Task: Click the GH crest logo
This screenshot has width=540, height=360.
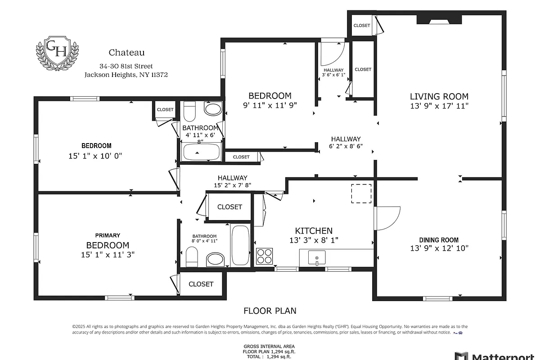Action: coord(57,52)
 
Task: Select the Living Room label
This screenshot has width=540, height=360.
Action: coord(439,96)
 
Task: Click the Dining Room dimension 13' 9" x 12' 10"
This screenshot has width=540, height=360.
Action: coord(439,248)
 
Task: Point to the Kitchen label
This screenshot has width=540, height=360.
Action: coord(314,231)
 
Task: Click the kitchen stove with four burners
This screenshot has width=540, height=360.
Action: coord(264,256)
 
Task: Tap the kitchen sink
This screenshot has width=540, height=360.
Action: coord(317,258)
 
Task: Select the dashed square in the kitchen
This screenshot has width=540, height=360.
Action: coord(361,193)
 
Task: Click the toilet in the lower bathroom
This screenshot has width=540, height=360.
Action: coord(192,258)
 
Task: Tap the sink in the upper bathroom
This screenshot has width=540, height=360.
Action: coord(213,109)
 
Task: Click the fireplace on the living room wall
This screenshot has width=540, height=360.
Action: coord(439,19)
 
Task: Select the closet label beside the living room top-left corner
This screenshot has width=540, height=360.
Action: coord(362,26)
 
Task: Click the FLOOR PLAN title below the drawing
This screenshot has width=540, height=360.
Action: coord(270,310)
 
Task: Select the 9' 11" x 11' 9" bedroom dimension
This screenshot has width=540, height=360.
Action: coord(270,105)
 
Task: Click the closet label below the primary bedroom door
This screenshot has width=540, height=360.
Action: coord(201,284)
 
